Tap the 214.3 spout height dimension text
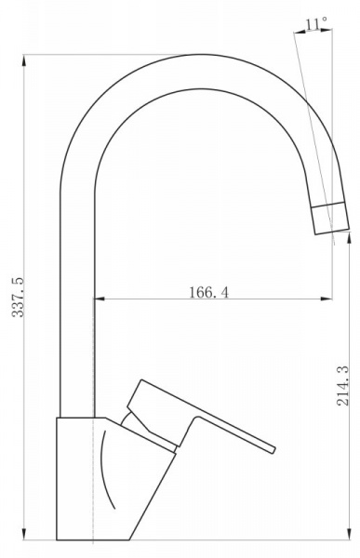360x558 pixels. [343, 387]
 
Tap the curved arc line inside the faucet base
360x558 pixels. [105, 474]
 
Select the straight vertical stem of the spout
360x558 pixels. [76, 307]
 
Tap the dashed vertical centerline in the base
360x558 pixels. [94, 484]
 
